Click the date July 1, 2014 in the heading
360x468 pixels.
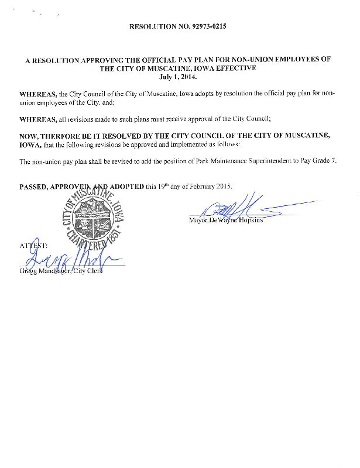tap(179, 77)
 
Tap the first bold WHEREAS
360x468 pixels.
tap(38, 94)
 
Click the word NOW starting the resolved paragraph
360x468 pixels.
tap(29, 135)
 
